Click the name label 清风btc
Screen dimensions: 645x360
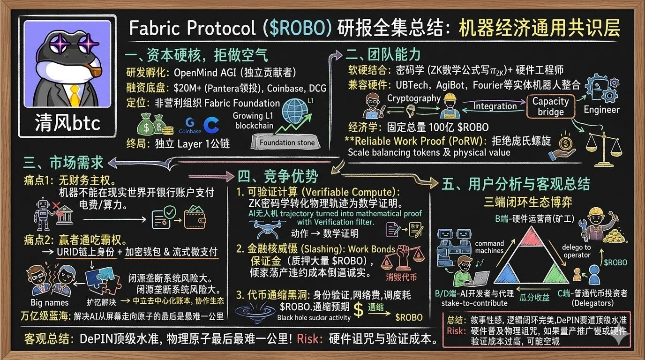(x=67, y=123)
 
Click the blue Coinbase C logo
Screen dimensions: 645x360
(x=210, y=125)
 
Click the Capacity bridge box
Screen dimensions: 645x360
(x=550, y=106)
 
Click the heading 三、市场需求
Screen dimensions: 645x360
(x=63, y=163)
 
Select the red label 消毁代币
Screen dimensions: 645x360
(x=401, y=277)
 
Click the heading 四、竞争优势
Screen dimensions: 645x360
(x=277, y=176)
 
